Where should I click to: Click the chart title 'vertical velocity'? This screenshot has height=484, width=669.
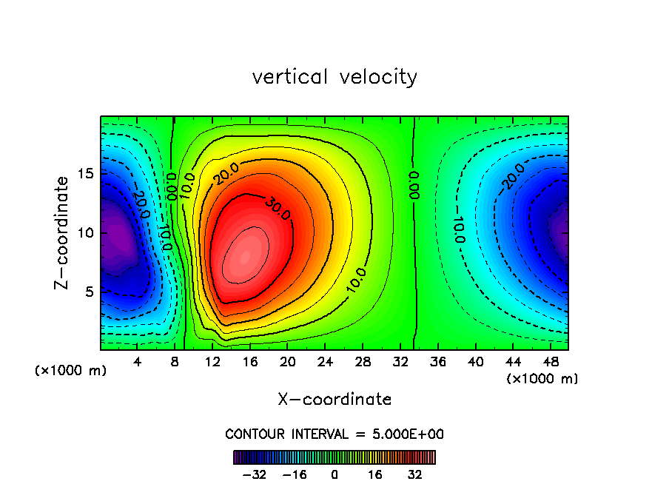334,77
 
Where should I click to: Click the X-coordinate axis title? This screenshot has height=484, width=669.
334,400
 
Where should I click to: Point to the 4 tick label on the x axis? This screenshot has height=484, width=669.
138,362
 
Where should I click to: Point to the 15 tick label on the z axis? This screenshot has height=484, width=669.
84,174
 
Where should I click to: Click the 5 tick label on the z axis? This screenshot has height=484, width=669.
87,292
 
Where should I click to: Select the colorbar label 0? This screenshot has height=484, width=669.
334,474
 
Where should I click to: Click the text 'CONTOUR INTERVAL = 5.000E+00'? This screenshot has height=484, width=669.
334,434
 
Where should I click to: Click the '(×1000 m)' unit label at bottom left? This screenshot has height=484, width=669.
71,371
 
